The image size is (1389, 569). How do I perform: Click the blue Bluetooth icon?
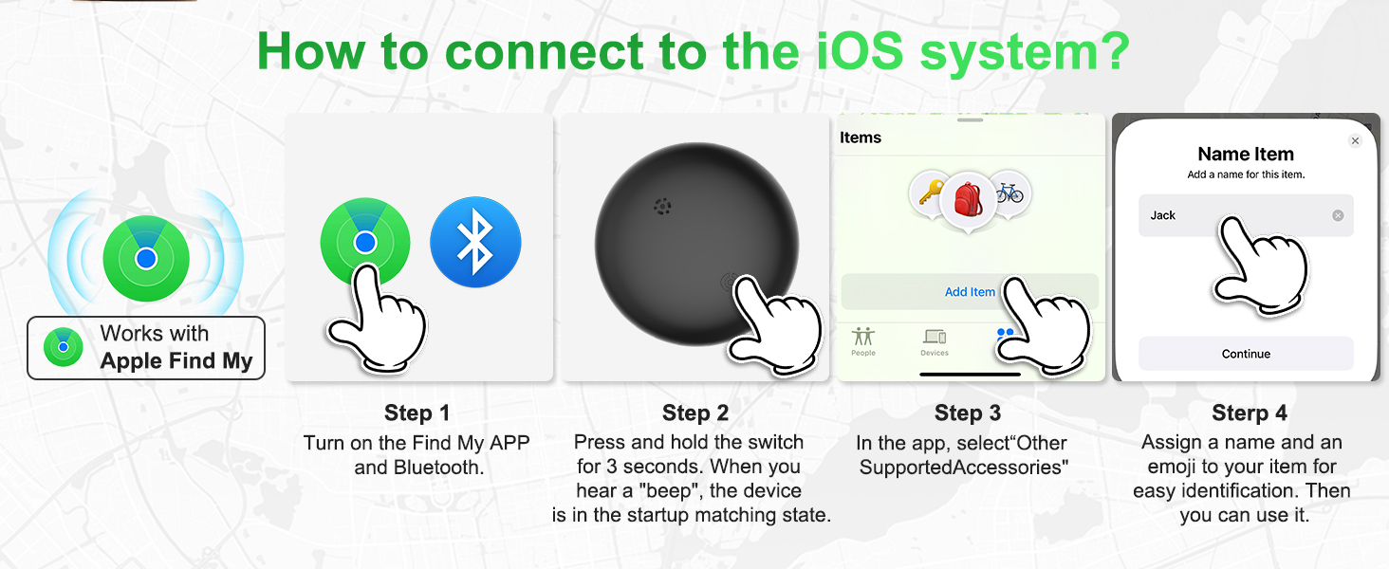click(x=475, y=242)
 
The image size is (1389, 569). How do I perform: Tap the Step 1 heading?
click(x=417, y=413)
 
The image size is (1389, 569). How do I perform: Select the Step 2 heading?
click(x=695, y=413)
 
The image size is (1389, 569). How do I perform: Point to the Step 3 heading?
click(x=968, y=413)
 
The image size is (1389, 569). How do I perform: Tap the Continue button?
click(x=1246, y=354)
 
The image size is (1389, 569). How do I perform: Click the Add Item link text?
click(x=970, y=292)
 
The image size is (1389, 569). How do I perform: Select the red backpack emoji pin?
click(x=968, y=200)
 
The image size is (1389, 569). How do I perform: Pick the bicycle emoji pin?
click(x=1010, y=193)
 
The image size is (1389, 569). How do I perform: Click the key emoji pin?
click(x=930, y=193)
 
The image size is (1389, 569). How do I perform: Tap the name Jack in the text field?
click(x=1162, y=215)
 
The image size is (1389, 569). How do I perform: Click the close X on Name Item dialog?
click(x=1355, y=140)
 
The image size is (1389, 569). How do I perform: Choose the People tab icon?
click(x=863, y=337)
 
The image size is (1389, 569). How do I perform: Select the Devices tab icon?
click(x=935, y=337)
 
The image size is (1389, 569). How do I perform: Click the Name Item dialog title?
click(x=1246, y=154)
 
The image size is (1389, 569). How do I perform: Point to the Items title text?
click(x=861, y=138)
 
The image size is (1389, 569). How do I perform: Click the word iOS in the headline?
click(x=860, y=51)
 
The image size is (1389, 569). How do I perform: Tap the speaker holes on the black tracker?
click(x=662, y=207)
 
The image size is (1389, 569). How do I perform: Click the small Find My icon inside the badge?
click(x=64, y=347)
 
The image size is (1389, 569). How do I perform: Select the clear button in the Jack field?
click(x=1338, y=215)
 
